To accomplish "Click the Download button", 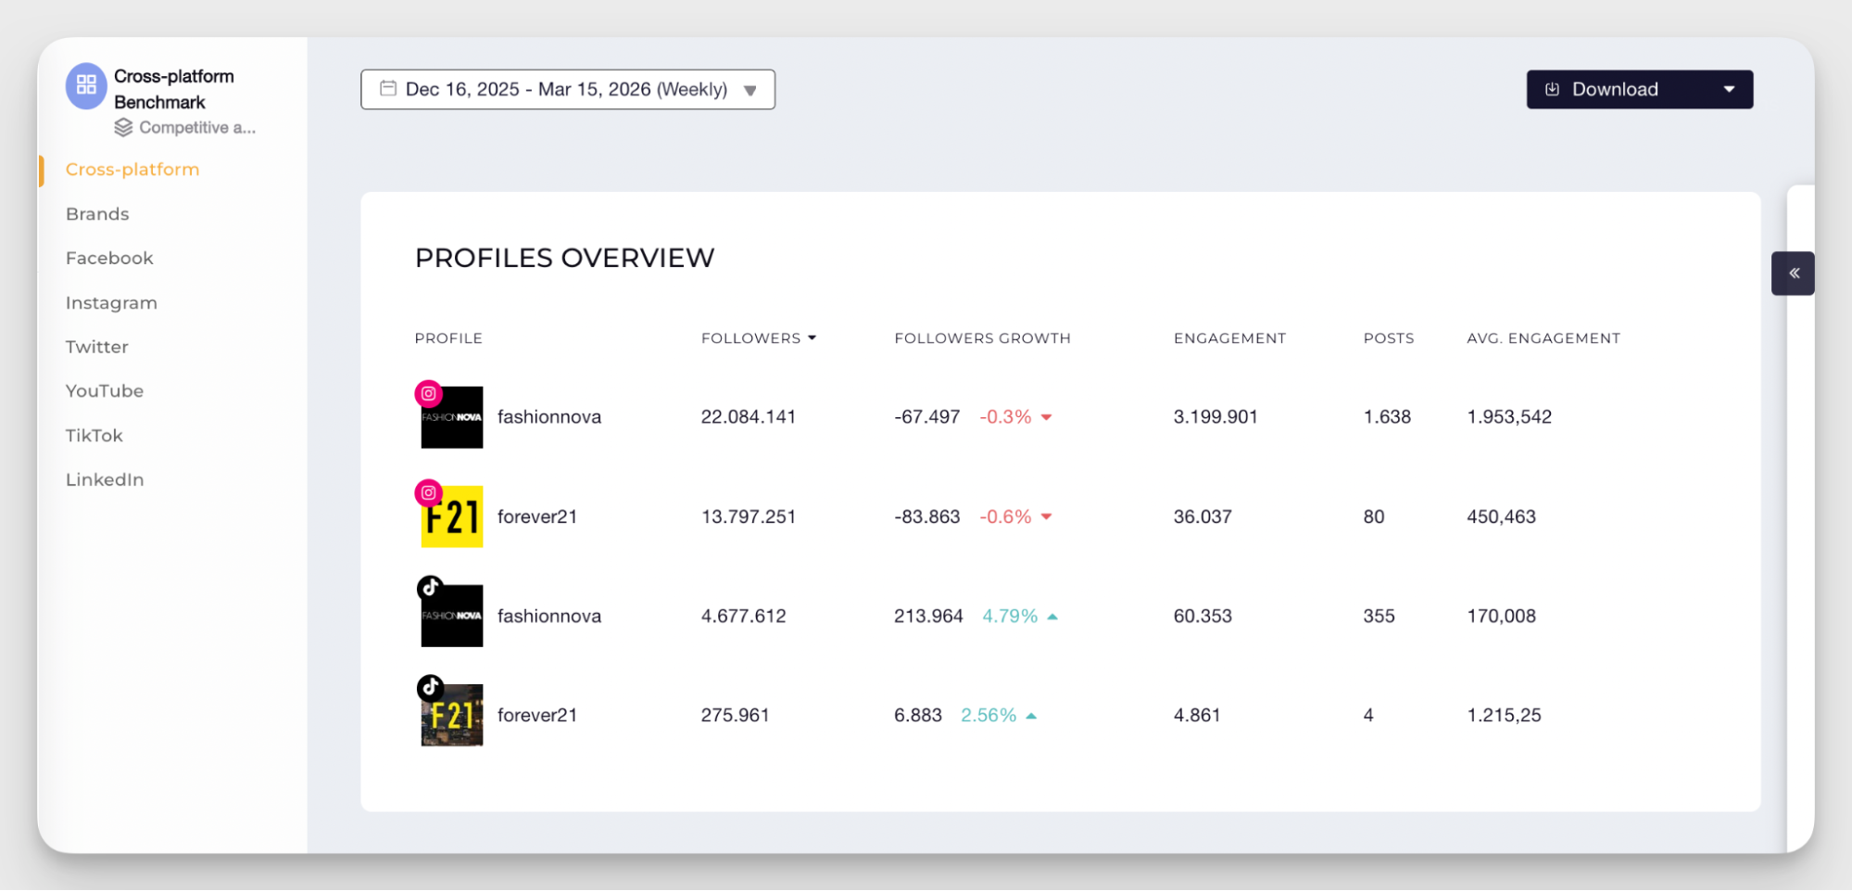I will pos(1614,89).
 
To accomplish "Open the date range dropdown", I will pos(567,89).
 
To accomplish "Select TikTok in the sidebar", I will pos(94,435).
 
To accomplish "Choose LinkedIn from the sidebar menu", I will pos(105,479).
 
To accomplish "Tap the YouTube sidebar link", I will pos(105,390).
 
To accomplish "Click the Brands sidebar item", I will pos(97,214).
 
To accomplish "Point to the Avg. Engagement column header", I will pos(1543,338).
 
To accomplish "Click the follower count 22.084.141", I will pos(748,417).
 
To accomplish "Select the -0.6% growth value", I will pos(1005,516).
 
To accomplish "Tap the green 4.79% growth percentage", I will pos(1009,616).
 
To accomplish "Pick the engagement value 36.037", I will pos(1202,516).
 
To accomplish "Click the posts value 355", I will pos(1379,616).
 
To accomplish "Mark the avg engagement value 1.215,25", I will pos(1503,715).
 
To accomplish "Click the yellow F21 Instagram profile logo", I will pos(452,517).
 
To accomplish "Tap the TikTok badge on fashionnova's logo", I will pos(430,588).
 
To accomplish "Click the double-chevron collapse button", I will pos(1794,274).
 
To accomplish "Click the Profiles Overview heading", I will pos(564,258).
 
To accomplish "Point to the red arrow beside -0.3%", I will pos(1046,417).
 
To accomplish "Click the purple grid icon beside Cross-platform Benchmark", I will pos(86,85).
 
